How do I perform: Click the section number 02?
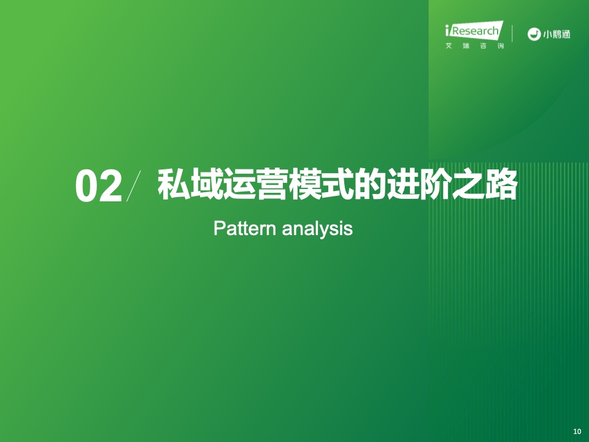(x=99, y=186)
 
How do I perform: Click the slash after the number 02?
(x=134, y=185)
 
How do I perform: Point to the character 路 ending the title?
(x=501, y=184)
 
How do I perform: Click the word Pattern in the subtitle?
(x=245, y=228)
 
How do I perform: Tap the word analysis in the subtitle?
(x=317, y=229)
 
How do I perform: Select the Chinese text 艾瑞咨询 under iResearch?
(x=474, y=46)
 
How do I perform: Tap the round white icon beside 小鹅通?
(x=533, y=34)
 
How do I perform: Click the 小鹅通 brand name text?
(x=556, y=34)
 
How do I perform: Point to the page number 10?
(x=577, y=432)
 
